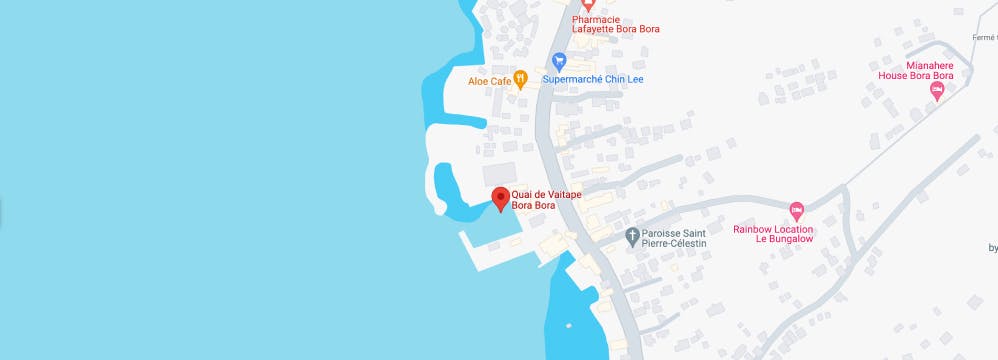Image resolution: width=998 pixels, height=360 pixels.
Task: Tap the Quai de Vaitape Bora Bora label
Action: [546, 200]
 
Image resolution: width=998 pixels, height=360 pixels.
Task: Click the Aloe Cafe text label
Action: [489, 81]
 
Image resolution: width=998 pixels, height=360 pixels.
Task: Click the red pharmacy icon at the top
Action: [588, 5]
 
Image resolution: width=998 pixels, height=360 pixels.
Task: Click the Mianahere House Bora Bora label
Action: [915, 69]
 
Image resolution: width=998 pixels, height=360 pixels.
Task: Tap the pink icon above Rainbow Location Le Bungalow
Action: [796, 211]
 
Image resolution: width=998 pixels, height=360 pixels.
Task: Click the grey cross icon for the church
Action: [632, 237]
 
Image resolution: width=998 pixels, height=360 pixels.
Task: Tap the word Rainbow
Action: [753, 228]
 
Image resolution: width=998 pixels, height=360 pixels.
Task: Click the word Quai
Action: [522, 194]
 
